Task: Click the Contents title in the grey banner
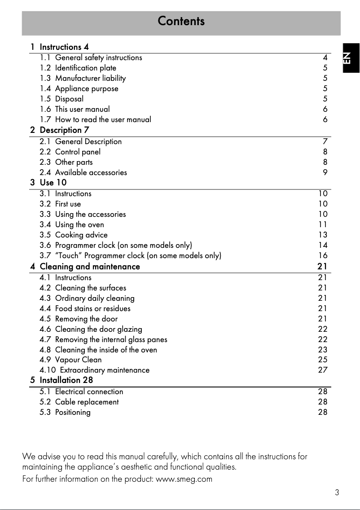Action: coord(181,21)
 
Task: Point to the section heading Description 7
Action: coord(64,130)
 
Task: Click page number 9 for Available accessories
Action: coord(325,172)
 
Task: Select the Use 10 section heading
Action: coord(53,183)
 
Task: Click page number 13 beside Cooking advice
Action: coord(323,235)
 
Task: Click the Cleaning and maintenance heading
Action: coord(90,267)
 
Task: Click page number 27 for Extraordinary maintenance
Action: coord(323,370)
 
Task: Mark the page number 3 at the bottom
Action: coord(337,492)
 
